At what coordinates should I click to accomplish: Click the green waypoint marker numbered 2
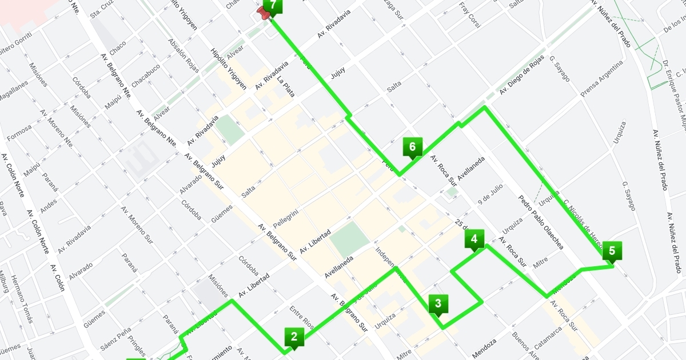tap(294, 337)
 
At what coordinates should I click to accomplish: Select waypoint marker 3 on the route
tap(438, 303)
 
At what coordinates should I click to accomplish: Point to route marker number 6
tap(412, 147)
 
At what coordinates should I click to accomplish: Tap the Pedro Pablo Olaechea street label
tap(541, 223)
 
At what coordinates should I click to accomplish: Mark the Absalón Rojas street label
tap(184, 56)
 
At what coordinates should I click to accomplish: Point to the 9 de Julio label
tap(490, 194)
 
